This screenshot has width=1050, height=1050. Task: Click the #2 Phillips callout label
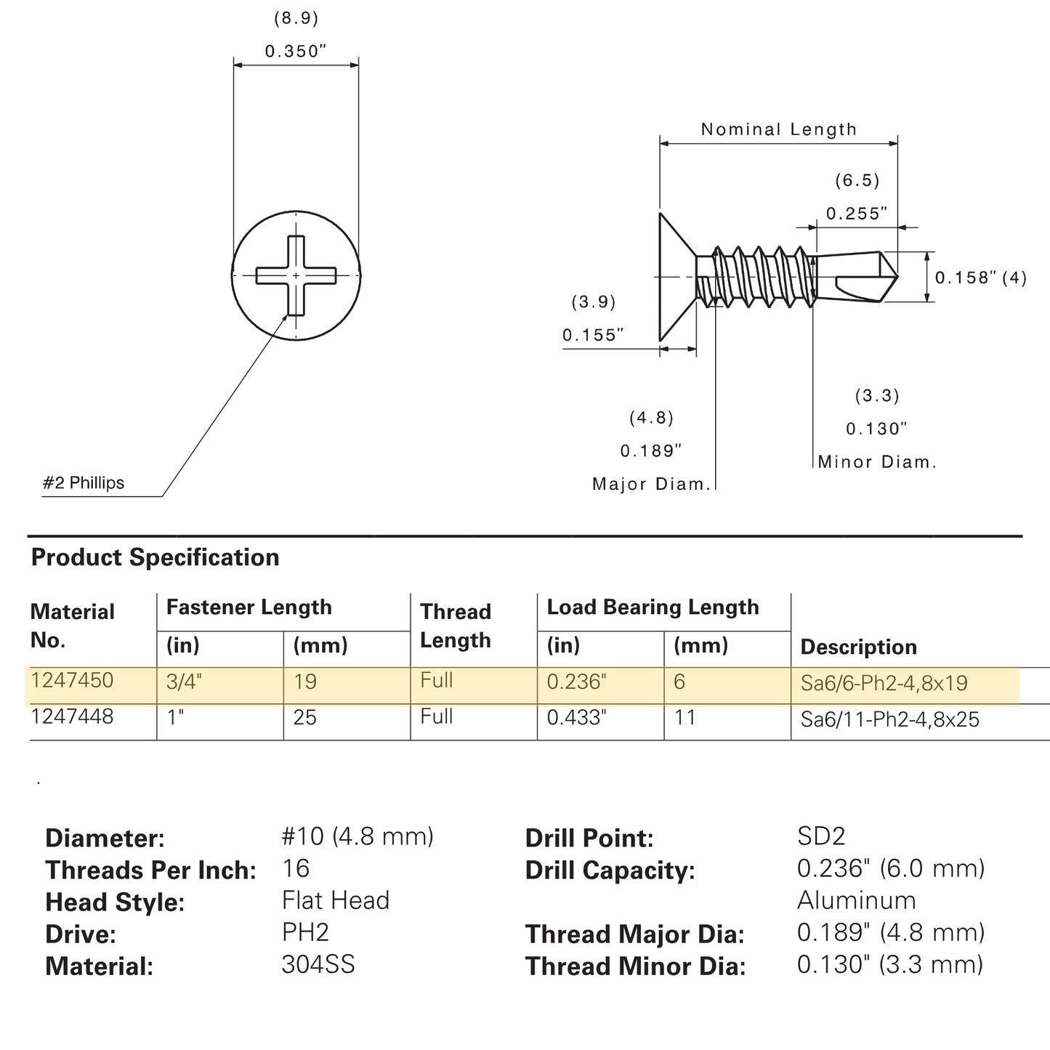[84, 482]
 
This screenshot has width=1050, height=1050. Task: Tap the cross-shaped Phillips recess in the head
[296, 275]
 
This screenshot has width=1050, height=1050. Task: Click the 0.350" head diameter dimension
[296, 51]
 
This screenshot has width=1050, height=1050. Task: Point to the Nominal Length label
[779, 129]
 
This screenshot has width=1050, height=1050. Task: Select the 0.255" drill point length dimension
[857, 214]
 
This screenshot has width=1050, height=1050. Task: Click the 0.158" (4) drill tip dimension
[981, 278]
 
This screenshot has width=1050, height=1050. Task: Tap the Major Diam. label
[652, 484]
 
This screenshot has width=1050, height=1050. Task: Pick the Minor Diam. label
[877, 462]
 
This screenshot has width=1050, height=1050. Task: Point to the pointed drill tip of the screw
[897, 277]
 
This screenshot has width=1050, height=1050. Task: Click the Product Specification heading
[156, 557]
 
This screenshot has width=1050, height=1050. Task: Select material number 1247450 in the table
[73, 681]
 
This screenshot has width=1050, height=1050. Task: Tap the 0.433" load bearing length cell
[576, 718]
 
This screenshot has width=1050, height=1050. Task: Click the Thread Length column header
[456, 626]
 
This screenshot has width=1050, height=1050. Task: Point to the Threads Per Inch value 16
[296, 868]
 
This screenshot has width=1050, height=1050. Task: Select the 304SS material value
[318, 964]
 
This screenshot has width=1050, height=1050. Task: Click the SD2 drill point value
[821, 836]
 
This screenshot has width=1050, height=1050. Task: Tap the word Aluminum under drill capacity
[857, 901]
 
